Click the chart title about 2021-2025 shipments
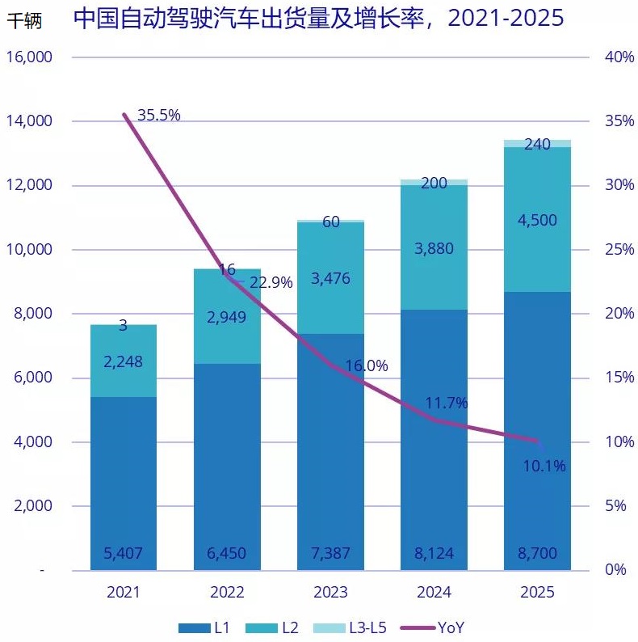(318, 19)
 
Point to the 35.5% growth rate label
(158, 116)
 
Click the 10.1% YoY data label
(544, 466)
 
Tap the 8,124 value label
(434, 554)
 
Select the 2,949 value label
(226, 317)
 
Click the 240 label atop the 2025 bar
(537, 145)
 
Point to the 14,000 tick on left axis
(29, 121)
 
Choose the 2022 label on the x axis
(227, 593)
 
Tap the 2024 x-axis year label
(434, 593)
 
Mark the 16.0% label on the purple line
(367, 365)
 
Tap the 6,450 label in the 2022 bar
(226, 554)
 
